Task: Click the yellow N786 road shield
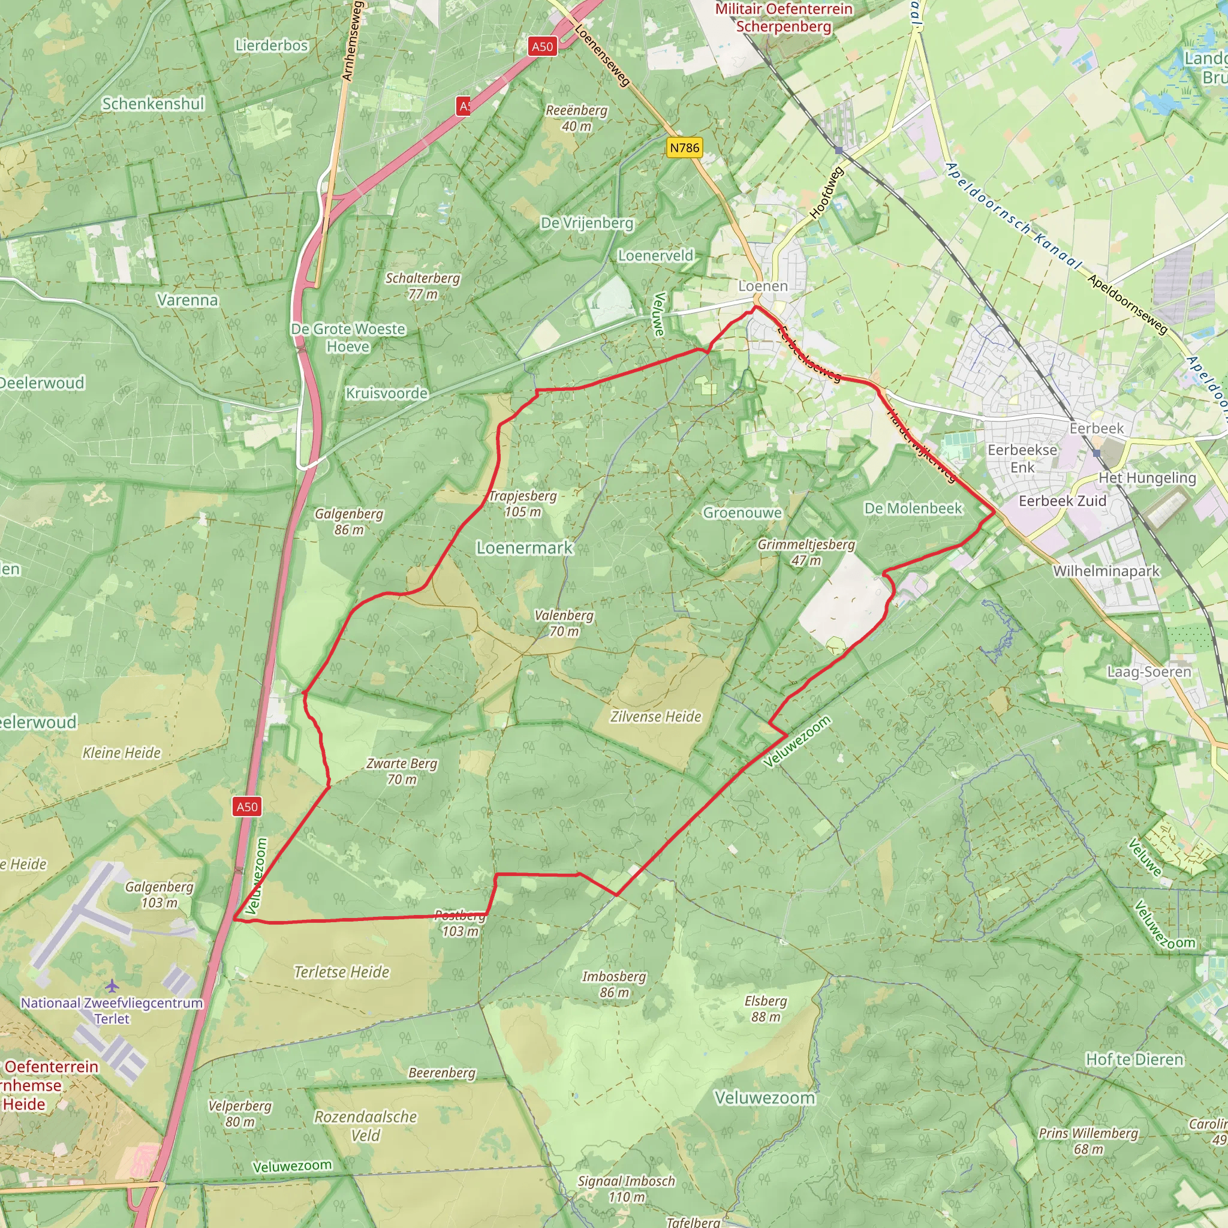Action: tap(684, 148)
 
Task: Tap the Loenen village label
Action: tap(763, 286)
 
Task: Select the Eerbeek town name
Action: tap(1097, 428)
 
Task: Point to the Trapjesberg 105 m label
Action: tap(522, 504)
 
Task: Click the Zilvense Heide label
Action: tap(655, 717)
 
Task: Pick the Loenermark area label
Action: tap(525, 548)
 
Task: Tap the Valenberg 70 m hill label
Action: tap(564, 623)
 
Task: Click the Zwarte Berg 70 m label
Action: tap(402, 771)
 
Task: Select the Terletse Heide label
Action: tap(341, 972)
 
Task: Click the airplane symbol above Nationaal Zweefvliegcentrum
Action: tap(113, 986)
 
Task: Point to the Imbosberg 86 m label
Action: tap(614, 984)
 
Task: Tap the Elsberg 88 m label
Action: tap(765, 1009)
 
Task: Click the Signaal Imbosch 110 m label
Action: tap(626, 1188)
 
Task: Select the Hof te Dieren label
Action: tap(1134, 1060)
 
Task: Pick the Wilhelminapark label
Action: tap(1106, 571)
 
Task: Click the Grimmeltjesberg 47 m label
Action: tap(806, 552)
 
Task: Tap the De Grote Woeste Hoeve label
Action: tap(348, 338)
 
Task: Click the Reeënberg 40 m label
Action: tap(576, 118)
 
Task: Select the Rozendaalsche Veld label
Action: tap(366, 1125)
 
